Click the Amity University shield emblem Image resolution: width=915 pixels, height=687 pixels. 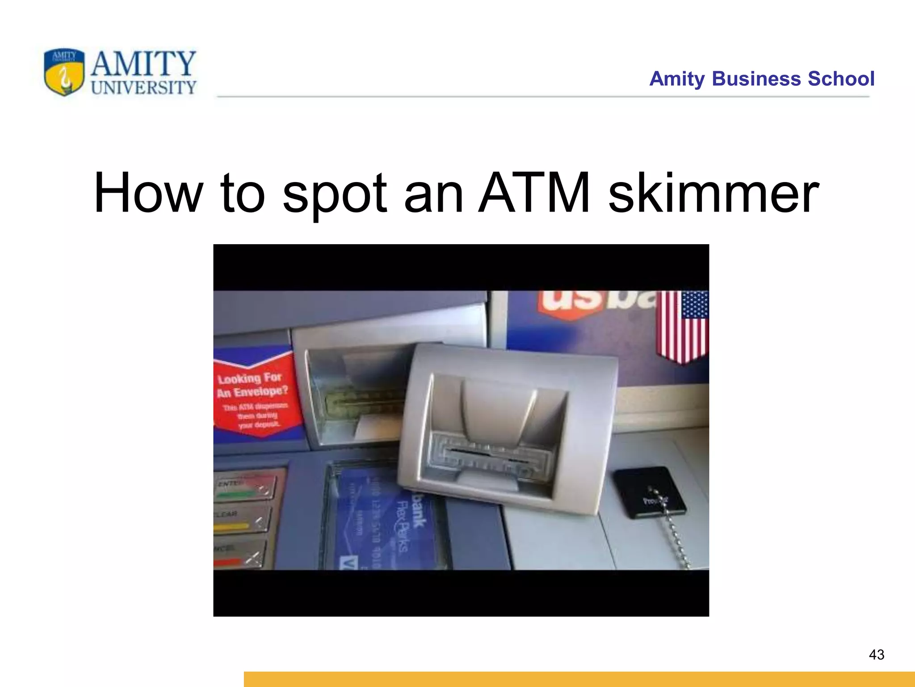(64, 72)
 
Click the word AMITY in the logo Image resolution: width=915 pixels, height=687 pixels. (143, 64)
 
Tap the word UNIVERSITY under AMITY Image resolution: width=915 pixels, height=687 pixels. (143, 88)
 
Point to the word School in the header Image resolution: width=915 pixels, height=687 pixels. (841, 79)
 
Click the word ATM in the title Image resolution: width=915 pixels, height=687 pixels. (534, 193)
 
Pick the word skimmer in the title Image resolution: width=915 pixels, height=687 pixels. (714, 193)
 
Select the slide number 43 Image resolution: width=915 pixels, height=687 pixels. (877, 655)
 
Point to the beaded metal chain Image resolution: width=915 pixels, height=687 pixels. (677, 534)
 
